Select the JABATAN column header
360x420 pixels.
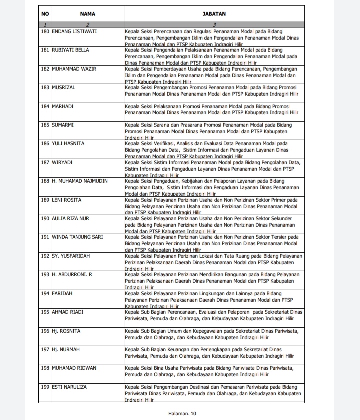pyautogui.click(x=214, y=14)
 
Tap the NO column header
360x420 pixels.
pyautogui.click(x=45, y=14)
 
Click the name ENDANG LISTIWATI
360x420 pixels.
pyautogui.click(x=74, y=32)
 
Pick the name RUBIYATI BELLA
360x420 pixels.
pyautogui.click(x=71, y=50)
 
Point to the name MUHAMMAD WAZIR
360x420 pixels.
pyautogui.click(x=74, y=69)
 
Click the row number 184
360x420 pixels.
pyautogui.click(x=45, y=106)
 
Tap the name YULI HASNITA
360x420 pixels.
pyautogui.click(x=68, y=143)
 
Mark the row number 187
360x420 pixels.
pyautogui.click(x=45, y=162)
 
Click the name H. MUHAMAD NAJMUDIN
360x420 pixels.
pyautogui.click(x=79, y=181)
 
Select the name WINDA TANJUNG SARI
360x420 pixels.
pyautogui.click(x=77, y=237)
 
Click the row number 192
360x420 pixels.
pyautogui.click(x=45, y=256)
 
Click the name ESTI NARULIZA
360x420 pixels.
pyautogui.click(x=72, y=386)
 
